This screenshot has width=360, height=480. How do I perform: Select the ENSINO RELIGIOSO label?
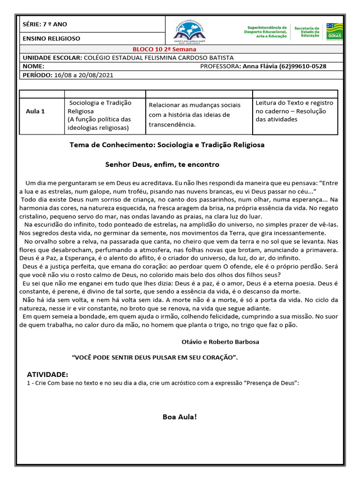51,38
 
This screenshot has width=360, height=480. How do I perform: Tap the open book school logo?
190,31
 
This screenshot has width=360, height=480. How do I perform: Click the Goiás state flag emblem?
335,31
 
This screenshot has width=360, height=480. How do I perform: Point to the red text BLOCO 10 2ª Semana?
164,49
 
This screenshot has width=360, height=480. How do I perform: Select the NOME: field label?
33,66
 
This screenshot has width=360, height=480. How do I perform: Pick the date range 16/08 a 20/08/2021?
83,75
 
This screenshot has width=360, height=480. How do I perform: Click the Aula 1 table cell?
36,111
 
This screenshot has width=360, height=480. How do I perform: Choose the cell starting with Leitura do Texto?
294,111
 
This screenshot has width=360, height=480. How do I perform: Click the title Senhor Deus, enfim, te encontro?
162,165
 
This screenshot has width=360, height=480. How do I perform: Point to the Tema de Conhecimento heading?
167,145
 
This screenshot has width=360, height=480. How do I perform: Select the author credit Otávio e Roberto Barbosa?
220,342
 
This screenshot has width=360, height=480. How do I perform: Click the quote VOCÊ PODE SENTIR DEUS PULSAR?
155,358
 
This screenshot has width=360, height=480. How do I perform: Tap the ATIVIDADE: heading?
47,375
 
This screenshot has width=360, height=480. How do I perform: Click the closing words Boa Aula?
180,417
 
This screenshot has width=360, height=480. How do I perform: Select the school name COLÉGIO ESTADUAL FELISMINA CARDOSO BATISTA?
158,58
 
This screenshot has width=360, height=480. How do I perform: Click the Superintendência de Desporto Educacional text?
267,31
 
